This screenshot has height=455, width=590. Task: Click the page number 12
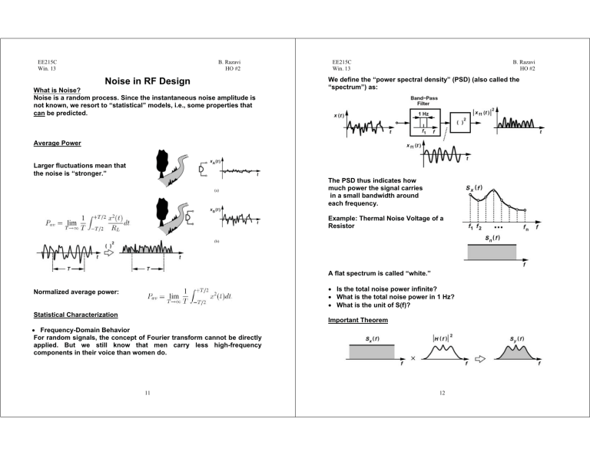[x=442, y=396]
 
